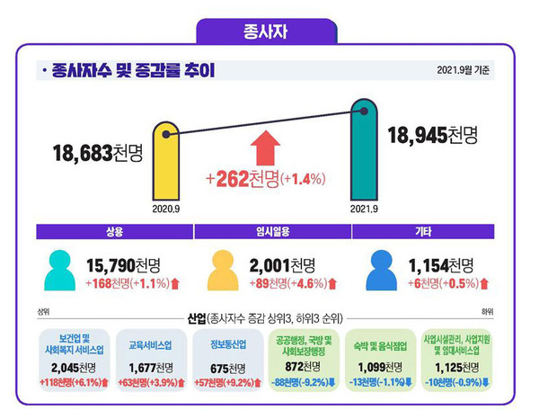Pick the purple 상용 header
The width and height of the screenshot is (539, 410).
[x=114, y=232]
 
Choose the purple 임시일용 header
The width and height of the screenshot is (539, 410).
[x=272, y=232]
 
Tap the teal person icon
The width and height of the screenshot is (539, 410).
[x=60, y=271]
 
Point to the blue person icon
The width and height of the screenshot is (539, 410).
[x=382, y=271]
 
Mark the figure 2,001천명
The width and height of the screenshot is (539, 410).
[x=284, y=264]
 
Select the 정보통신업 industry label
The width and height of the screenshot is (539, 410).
[x=226, y=343]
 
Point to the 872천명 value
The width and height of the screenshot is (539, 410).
[x=304, y=368]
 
